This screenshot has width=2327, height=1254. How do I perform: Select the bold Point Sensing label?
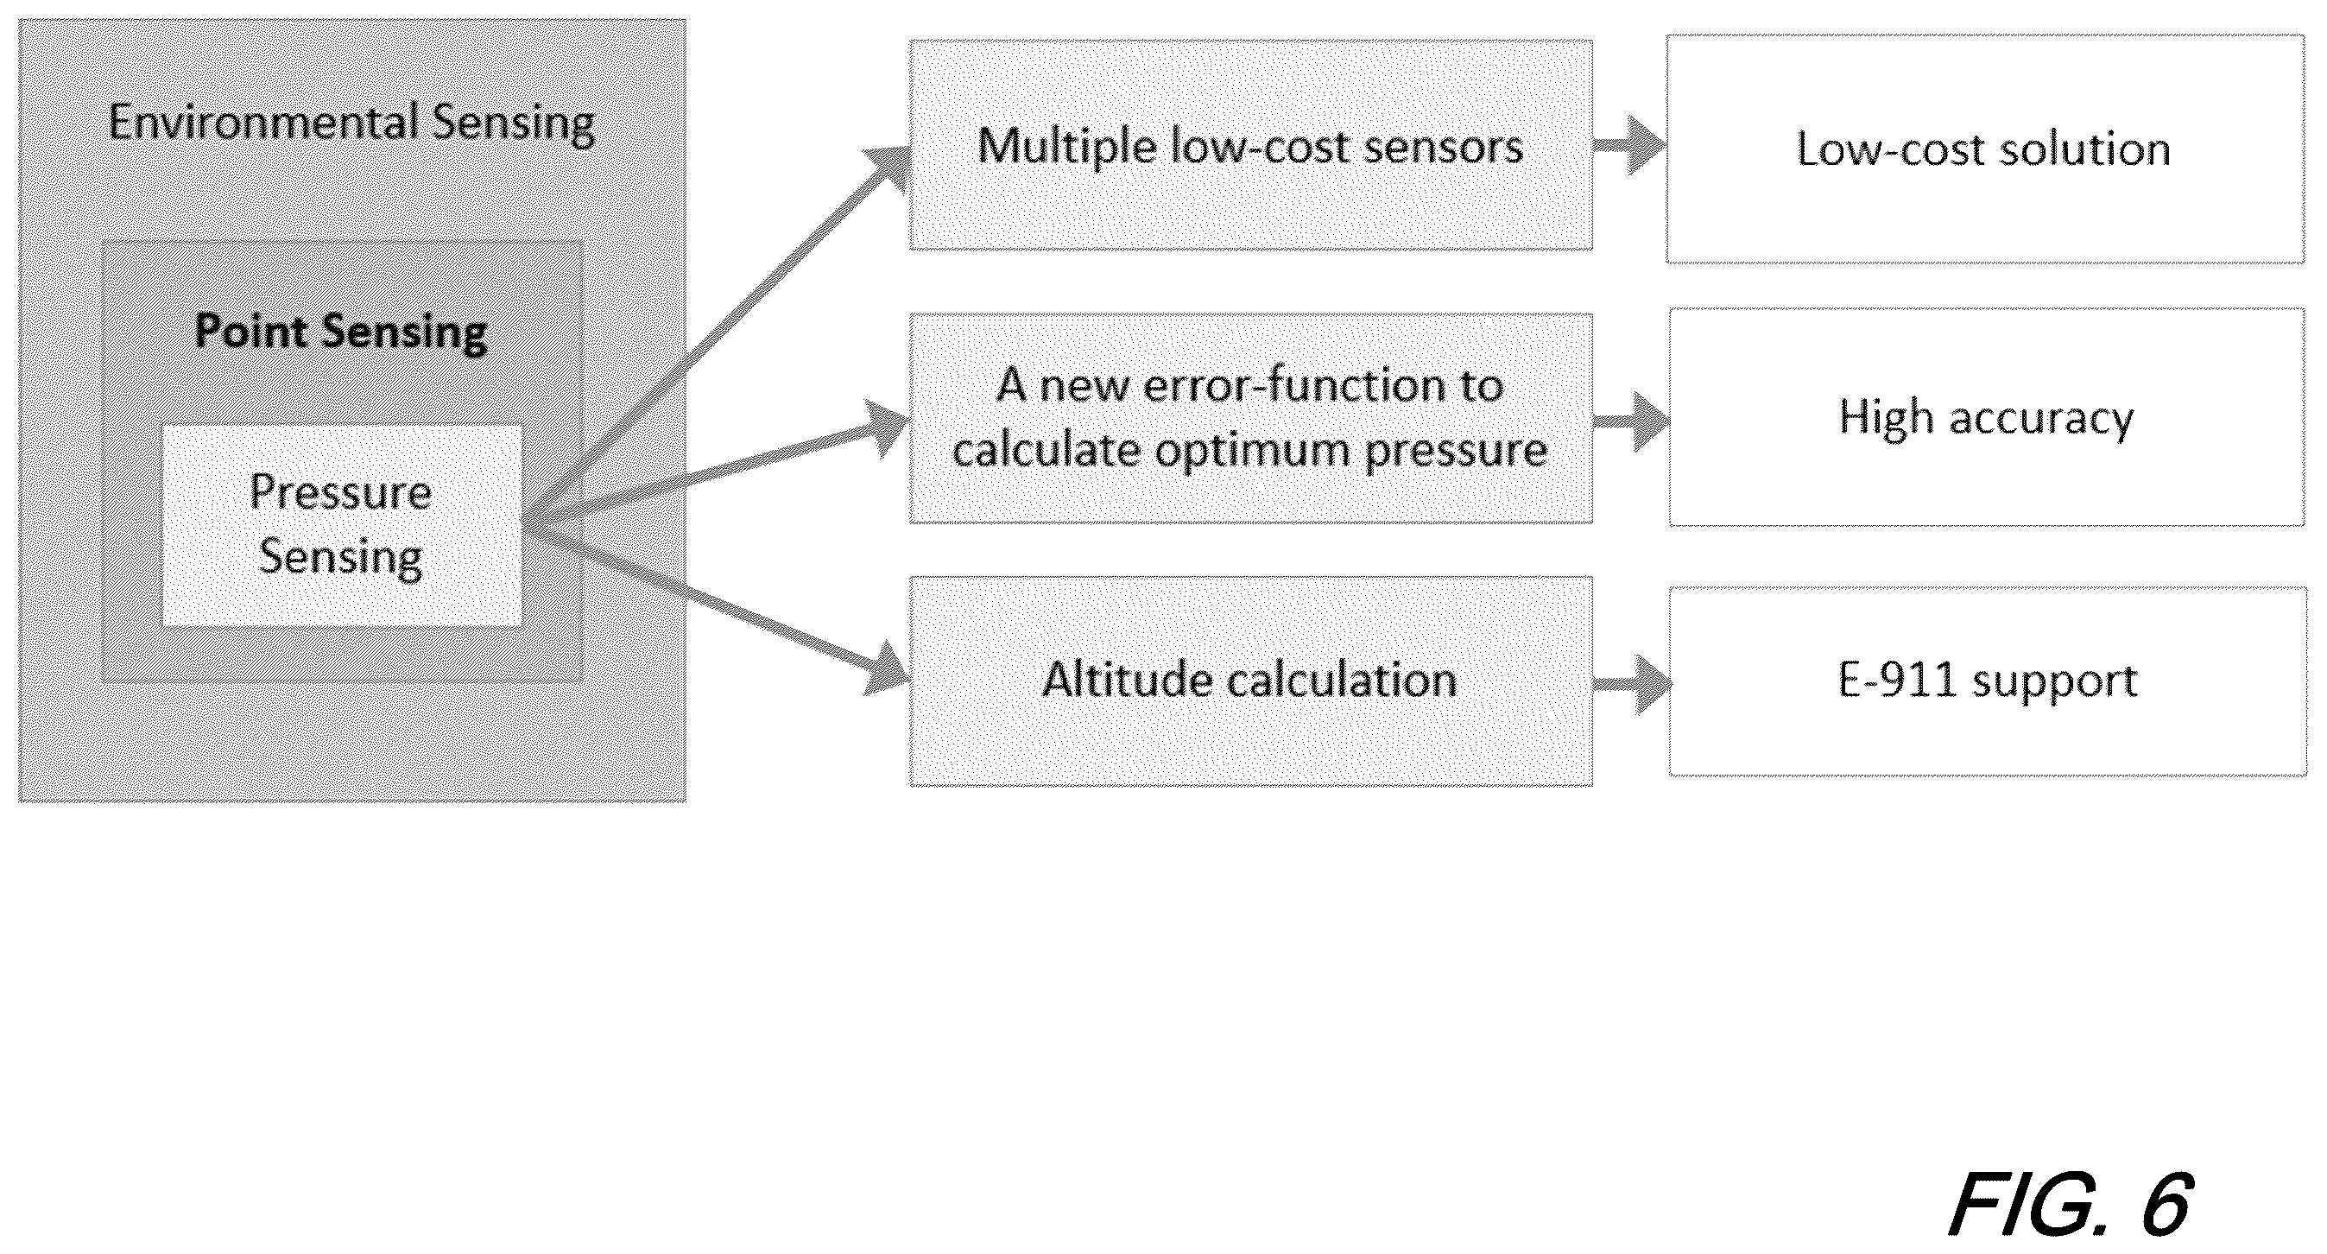(x=341, y=332)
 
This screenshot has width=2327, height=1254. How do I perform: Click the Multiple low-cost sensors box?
(x=1250, y=144)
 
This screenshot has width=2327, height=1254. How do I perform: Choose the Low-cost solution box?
(x=1984, y=149)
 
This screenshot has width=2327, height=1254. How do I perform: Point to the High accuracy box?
(x=1987, y=416)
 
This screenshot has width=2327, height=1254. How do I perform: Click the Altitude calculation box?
(x=1250, y=681)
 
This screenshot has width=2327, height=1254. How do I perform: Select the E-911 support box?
(x=1988, y=681)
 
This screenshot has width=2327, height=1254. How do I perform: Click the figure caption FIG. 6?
(x=2069, y=1203)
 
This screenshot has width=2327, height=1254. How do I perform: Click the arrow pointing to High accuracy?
(x=1631, y=421)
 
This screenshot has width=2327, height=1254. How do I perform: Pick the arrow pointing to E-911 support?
(x=1631, y=685)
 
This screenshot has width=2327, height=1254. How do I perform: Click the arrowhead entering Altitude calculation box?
(x=887, y=672)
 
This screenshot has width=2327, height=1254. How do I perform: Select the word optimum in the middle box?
(x=1252, y=450)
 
